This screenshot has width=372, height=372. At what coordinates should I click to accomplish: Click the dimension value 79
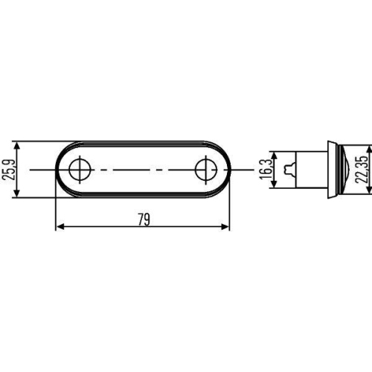(143, 219)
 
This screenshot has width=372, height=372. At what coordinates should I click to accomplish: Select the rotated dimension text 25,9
(8, 170)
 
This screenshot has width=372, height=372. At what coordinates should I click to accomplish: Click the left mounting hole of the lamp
(77, 170)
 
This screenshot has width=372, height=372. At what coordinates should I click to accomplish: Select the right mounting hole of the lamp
(205, 170)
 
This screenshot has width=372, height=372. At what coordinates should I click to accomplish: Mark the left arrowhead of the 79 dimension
(60, 228)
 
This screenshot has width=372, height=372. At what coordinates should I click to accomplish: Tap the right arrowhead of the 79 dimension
(225, 228)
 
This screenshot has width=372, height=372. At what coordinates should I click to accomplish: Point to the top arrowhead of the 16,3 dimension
(276, 155)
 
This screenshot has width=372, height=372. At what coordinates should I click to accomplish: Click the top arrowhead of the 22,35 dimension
(348, 143)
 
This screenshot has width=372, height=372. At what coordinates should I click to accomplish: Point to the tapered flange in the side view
(330, 170)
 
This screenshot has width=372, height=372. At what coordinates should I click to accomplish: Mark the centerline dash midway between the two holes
(141, 170)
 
